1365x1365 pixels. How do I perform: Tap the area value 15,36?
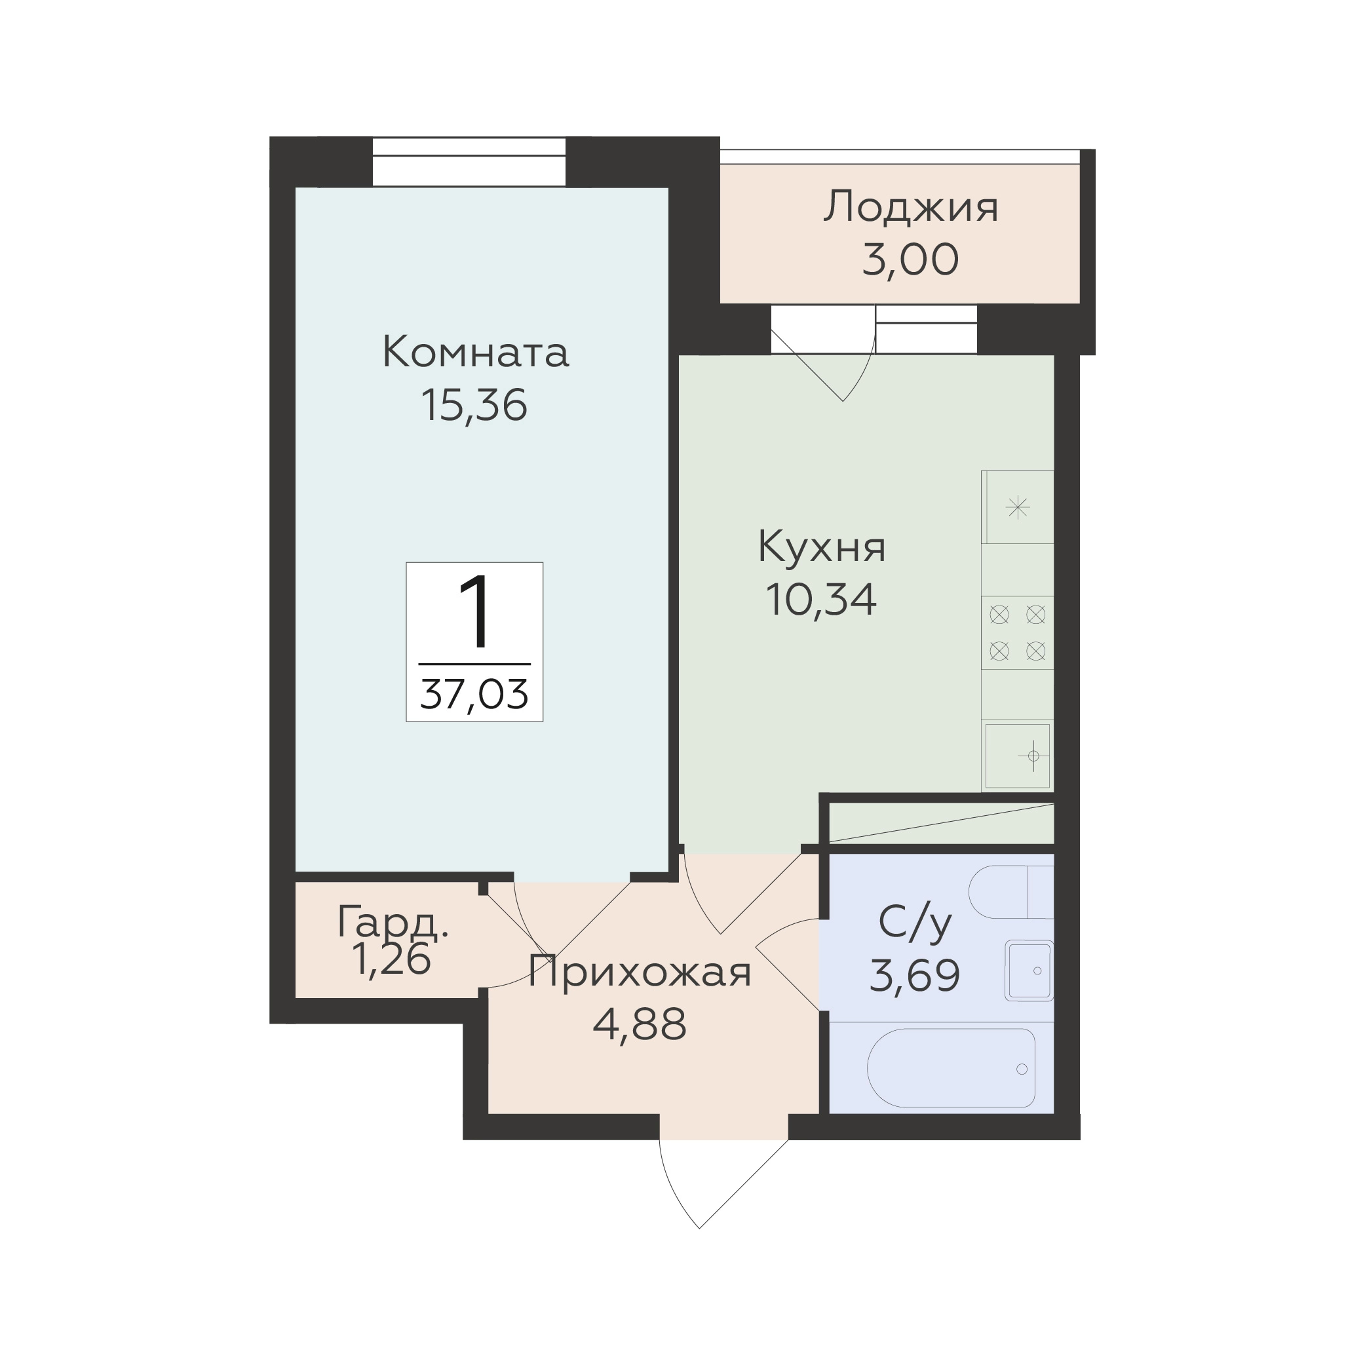(x=474, y=405)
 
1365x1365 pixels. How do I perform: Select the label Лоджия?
(x=911, y=208)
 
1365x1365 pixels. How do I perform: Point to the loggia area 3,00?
(x=910, y=260)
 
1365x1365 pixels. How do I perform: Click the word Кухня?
(x=822, y=547)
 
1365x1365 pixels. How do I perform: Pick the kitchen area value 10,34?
(x=821, y=600)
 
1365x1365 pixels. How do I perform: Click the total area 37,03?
(x=474, y=694)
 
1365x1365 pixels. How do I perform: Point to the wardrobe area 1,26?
(x=391, y=959)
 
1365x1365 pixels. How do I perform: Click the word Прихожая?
(x=640, y=973)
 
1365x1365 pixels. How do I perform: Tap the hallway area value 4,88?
(x=640, y=1024)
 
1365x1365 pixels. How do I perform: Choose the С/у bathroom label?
(x=915, y=923)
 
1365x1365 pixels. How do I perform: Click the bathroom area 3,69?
(x=914, y=976)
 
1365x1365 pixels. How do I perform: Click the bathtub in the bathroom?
(x=951, y=1067)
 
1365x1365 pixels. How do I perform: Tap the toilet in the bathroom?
(x=1011, y=892)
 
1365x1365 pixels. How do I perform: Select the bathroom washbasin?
(x=1029, y=971)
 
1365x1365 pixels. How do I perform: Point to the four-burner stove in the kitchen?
(x=1018, y=632)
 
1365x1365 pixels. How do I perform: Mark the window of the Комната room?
(x=469, y=162)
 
